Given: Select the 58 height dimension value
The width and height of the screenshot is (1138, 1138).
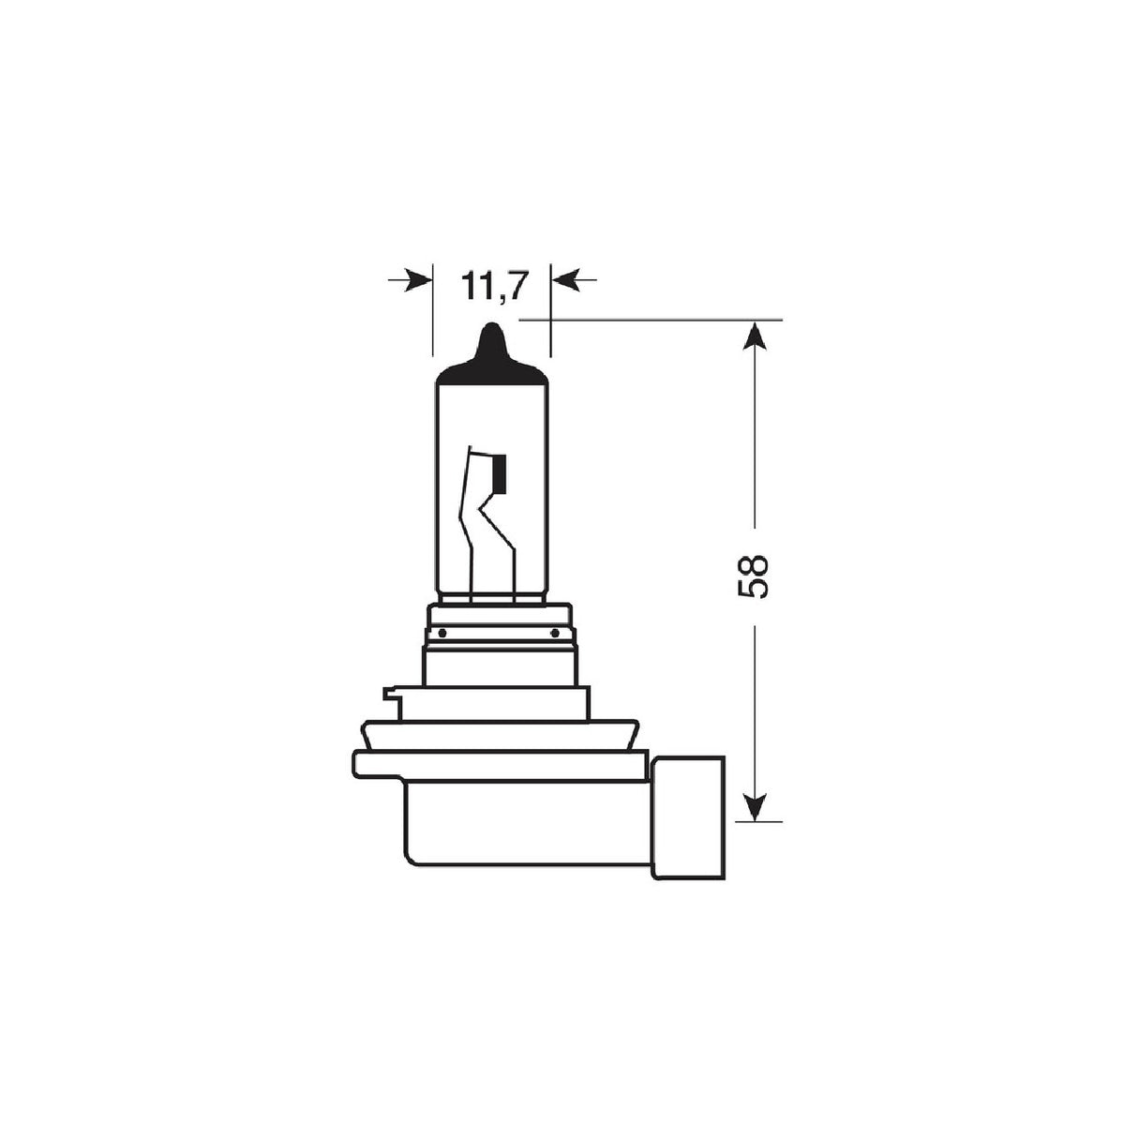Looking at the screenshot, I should pos(754,576).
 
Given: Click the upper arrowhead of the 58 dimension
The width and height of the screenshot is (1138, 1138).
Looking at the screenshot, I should pos(756,337).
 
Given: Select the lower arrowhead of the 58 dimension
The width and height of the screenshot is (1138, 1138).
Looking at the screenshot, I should pos(756,805).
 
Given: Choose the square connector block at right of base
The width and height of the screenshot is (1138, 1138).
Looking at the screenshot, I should pos(689,816).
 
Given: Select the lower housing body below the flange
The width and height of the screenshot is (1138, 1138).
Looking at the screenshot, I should pos(525,825).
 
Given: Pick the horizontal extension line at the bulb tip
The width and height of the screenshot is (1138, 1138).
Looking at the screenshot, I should pos(656,321).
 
